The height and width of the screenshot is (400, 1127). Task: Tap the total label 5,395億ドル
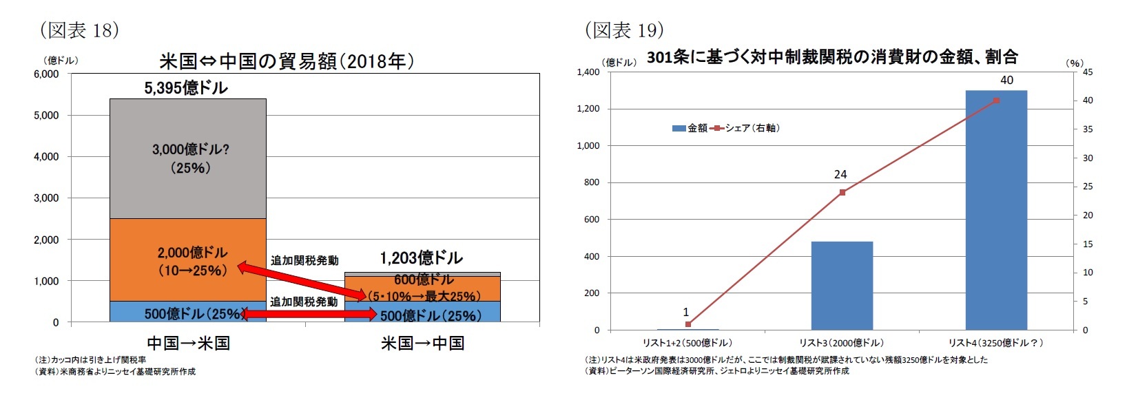pos(185,87)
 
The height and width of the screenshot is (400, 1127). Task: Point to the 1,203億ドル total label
pos(421,258)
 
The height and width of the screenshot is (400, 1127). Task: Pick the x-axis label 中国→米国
pos(188,343)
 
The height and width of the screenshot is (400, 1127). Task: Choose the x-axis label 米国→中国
pos(422,343)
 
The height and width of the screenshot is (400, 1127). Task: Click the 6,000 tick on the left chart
pos(46,74)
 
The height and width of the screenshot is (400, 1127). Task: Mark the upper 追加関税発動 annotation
pos(304,260)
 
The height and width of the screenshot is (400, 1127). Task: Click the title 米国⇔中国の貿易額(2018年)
pos(287,61)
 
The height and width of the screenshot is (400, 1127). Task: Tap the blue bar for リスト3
pos(842,286)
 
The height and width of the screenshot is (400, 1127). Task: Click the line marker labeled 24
pos(842,192)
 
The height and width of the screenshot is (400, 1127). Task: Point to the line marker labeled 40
pos(997,101)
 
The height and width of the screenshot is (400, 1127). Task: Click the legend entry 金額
pos(690,128)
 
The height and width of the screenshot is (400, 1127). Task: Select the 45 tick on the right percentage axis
pos(1088,72)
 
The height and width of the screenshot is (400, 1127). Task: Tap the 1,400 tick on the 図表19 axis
pos(588,72)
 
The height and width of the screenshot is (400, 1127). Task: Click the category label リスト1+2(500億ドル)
pos(687,343)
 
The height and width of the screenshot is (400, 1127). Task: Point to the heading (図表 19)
pos(624,30)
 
